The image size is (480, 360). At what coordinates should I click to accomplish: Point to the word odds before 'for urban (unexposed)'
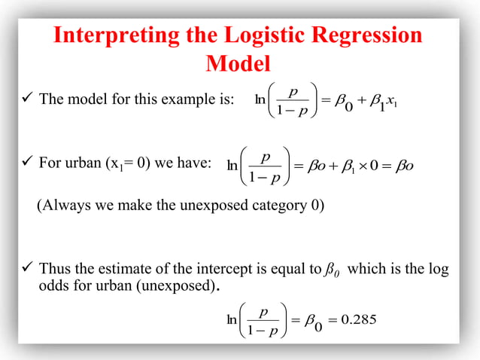(x=54, y=287)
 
